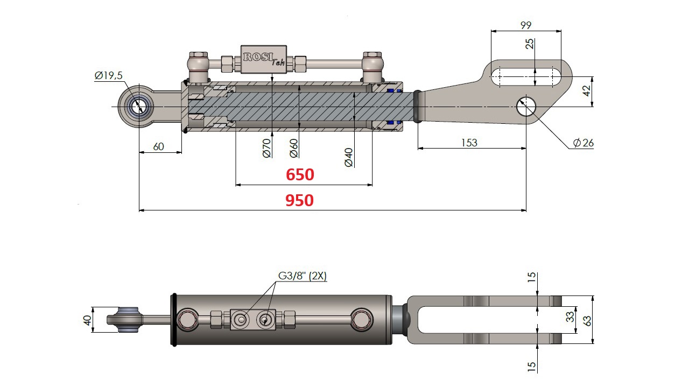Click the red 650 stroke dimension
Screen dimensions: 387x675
point(300,175)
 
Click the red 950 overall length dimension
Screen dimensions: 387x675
point(299,201)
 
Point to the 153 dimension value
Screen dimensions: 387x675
point(469,143)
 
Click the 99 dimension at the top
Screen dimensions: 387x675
point(526,24)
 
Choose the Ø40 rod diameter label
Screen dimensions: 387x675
point(349,157)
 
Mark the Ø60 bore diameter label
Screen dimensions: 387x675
point(294,147)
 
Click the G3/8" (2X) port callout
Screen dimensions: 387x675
point(303,277)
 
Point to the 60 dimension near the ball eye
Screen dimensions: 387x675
point(158,146)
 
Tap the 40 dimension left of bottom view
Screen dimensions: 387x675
point(87,319)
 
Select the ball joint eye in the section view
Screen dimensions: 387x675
point(139,105)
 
